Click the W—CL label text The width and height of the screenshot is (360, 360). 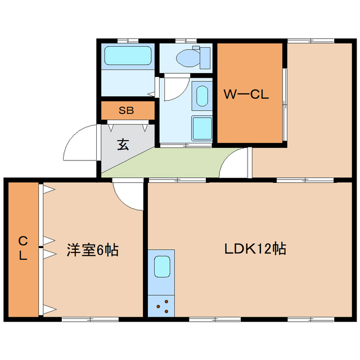[246, 94]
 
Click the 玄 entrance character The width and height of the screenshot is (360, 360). [123, 145]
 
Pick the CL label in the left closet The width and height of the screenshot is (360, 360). [22, 248]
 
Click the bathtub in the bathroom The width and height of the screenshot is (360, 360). [128, 56]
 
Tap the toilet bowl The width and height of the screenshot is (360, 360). [186, 57]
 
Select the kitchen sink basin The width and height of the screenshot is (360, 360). [162, 265]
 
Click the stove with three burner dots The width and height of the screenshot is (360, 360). [162, 307]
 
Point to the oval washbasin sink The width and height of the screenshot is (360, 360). [201, 95]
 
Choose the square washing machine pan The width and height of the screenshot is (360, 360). [201, 128]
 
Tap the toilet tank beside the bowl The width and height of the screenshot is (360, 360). [205, 57]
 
